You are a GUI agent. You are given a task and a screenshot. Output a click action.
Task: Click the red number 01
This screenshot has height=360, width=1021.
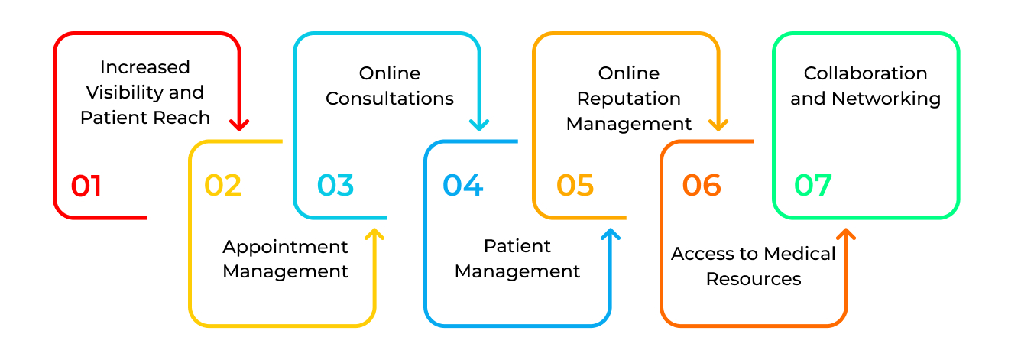click(x=86, y=186)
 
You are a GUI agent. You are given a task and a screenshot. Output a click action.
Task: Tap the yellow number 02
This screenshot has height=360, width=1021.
click(x=222, y=186)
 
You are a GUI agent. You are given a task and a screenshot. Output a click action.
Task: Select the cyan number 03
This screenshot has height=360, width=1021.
click(x=335, y=186)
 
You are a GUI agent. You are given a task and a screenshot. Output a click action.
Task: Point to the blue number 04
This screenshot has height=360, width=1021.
click(x=462, y=186)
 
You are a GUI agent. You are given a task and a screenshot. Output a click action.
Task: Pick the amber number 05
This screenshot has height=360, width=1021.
click(x=575, y=186)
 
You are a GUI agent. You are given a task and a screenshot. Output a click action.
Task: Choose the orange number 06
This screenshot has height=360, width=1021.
click(x=702, y=186)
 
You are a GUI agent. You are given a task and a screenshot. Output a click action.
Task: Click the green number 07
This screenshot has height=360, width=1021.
click(x=812, y=186)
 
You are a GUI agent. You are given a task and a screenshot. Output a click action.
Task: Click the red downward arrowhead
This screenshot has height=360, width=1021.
click(x=240, y=124)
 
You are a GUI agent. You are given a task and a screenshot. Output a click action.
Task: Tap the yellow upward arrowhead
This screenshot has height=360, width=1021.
click(x=374, y=233)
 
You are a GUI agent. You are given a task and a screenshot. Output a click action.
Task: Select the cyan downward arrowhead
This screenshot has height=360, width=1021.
click(x=479, y=124)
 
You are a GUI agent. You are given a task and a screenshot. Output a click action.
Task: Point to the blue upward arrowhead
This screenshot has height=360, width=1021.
click(x=610, y=233)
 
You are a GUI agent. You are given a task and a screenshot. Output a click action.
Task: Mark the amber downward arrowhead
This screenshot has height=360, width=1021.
click(x=718, y=124)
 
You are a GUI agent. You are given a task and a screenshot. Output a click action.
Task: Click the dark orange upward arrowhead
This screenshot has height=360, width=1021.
click(x=845, y=233)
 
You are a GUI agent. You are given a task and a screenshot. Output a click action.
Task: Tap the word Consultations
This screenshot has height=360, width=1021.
click(x=390, y=99)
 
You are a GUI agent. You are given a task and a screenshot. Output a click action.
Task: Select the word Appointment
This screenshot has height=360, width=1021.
click(x=285, y=247)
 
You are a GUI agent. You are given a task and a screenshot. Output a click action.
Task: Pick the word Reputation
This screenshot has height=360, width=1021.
click(x=628, y=99)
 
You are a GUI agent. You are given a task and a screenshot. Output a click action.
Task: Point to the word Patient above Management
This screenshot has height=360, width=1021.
click(x=517, y=246)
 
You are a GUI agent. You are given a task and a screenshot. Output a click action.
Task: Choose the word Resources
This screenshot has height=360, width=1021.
click(x=754, y=279)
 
